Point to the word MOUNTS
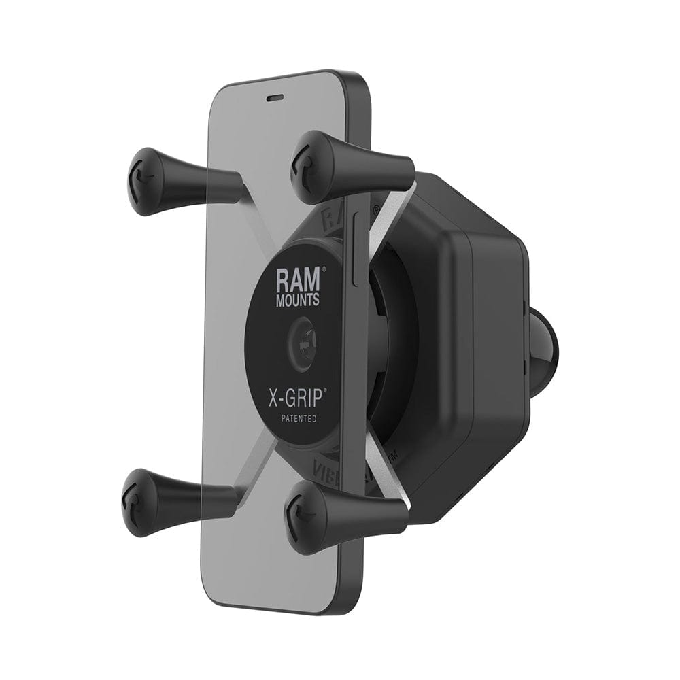click(296, 300)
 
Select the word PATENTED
click(296, 419)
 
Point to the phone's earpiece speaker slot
click(275, 97)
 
